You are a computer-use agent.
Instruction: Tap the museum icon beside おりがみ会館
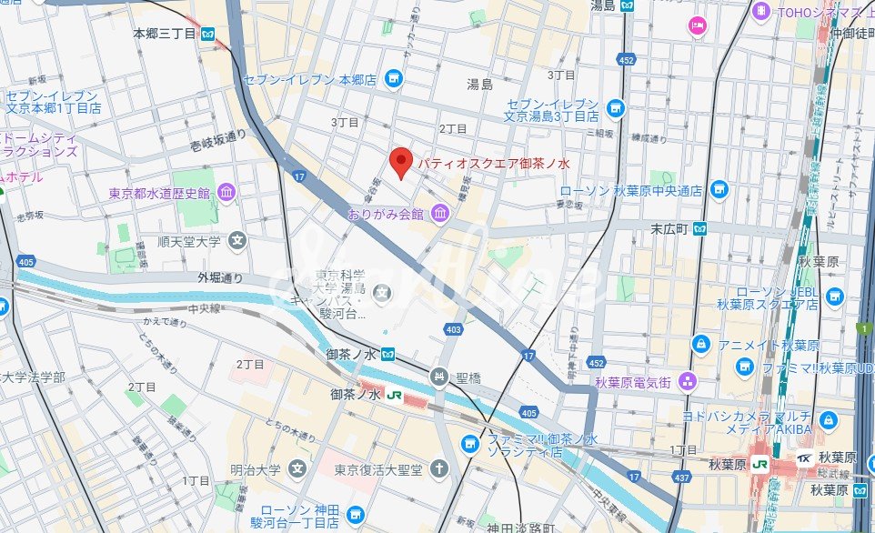(x=440, y=214)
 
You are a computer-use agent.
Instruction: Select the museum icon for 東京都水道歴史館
(x=226, y=192)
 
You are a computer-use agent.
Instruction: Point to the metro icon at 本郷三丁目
(x=209, y=35)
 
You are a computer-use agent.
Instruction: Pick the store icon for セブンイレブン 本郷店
(x=393, y=79)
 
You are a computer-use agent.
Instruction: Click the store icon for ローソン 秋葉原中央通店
(x=719, y=190)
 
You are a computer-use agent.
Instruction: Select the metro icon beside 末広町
(x=701, y=229)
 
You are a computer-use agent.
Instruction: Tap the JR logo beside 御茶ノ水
(x=395, y=395)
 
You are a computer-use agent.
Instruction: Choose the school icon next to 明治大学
(x=297, y=468)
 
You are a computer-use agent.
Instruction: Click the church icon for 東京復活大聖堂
(x=439, y=468)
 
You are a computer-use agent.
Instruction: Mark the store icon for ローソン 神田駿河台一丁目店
(x=355, y=512)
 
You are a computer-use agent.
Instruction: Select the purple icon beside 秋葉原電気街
(x=689, y=381)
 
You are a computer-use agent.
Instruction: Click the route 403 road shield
(x=452, y=329)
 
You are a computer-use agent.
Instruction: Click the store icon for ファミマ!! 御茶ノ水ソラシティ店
(x=469, y=444)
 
